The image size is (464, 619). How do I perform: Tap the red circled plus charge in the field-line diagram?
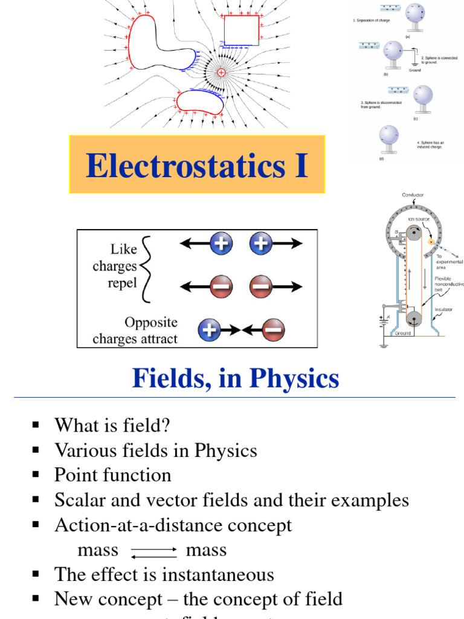tap(221, 73)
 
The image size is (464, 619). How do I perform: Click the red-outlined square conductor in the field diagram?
tap(242, 31)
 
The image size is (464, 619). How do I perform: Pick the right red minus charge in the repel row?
tap(260, 286)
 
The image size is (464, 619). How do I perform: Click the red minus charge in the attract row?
tap(273, 330)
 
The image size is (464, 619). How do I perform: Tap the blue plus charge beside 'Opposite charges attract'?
tap(209, 330)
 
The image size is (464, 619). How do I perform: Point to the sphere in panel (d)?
tap(388, 136)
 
